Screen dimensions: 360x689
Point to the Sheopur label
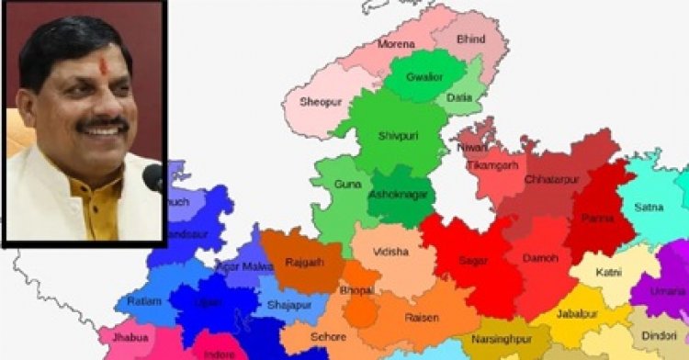click(321, 103)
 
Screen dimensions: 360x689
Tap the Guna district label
click(347, 185)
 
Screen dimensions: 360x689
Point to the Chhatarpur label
click(552, 179)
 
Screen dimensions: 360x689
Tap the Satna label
click(649, 208)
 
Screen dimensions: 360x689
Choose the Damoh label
click(540, 258)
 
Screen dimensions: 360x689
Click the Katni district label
click(608, 273)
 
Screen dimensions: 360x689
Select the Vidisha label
click(391, 250)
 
